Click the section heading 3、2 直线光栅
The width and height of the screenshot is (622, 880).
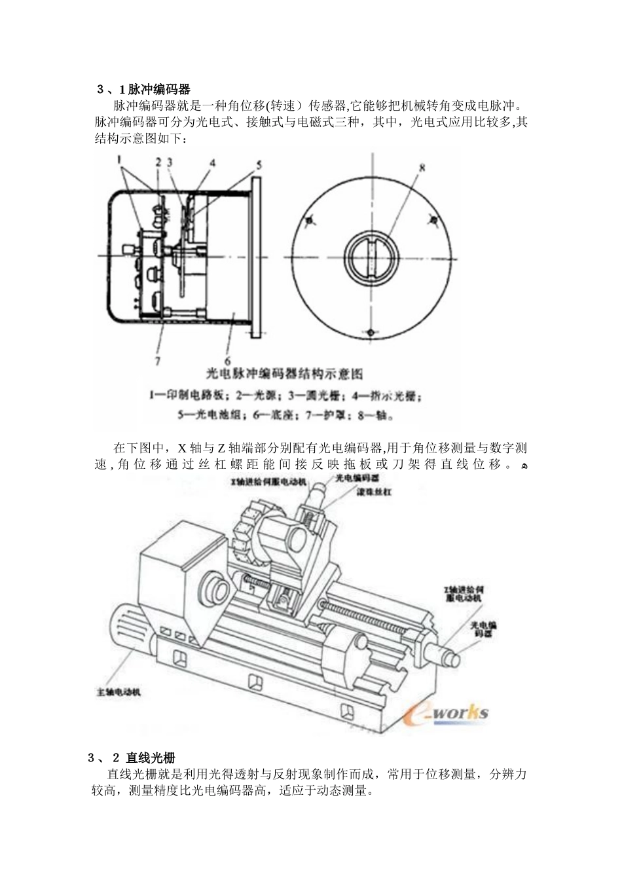pos(132,758)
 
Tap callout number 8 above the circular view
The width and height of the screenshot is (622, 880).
pos(422,167)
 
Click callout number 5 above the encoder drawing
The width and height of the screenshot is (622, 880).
pos(259,165)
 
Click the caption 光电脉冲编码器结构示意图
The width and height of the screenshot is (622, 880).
pos(284,375)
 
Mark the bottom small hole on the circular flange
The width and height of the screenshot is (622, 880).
pos(371,333)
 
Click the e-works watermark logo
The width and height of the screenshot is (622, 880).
pos(446,712)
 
